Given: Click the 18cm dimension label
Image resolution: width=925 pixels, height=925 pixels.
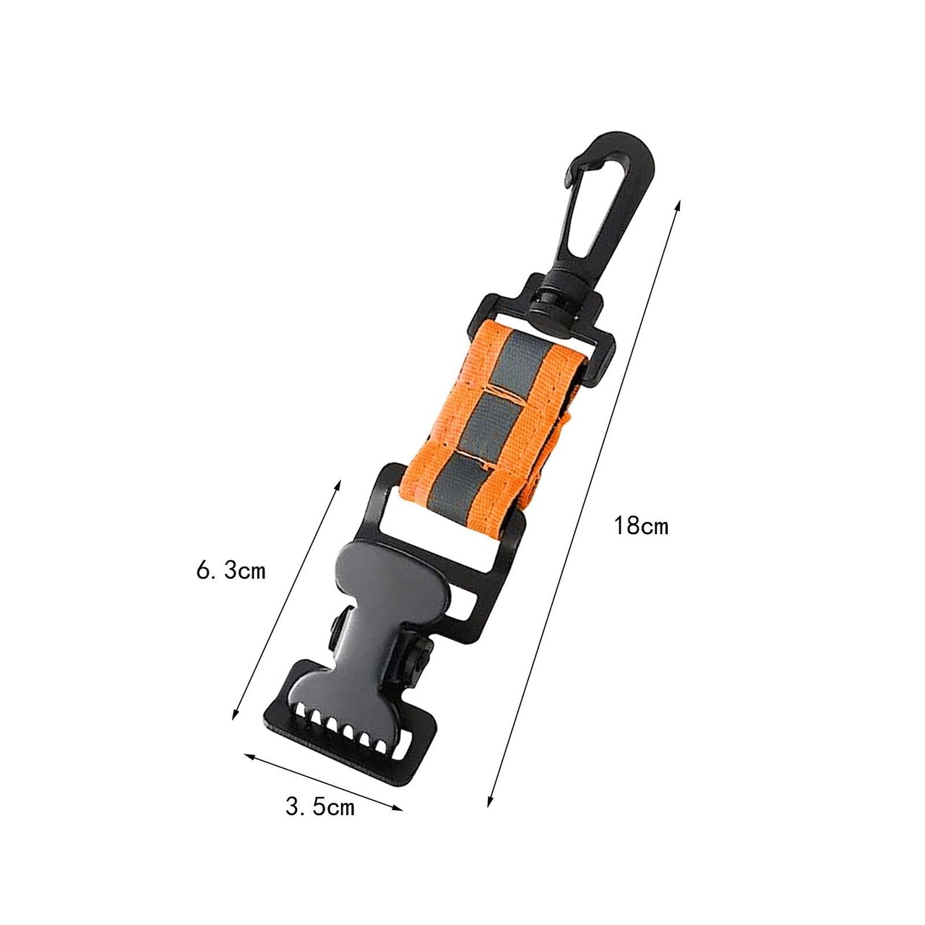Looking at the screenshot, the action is pos(641,526).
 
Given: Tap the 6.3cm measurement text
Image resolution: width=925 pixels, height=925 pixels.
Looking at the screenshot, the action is pos(231,571).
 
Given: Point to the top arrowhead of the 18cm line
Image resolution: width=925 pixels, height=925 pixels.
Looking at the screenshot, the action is pos(677,207).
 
